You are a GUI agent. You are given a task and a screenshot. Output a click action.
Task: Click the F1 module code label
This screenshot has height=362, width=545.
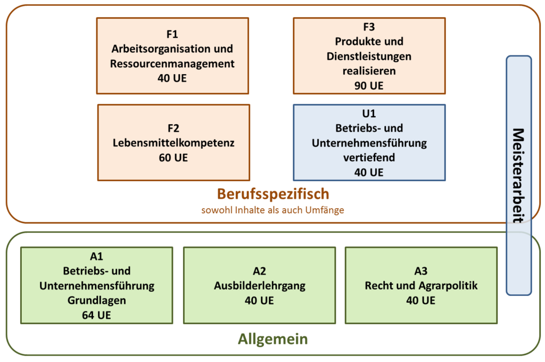pos(172,34)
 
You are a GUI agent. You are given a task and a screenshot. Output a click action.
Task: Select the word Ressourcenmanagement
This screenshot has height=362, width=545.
pos(172,63)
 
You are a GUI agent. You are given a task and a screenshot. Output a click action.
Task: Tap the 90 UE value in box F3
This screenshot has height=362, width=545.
pos(369,86)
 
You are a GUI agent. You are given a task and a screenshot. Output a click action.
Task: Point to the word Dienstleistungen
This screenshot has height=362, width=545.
pos(369,57)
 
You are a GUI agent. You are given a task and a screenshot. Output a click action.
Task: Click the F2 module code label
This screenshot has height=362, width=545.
pos(174,128)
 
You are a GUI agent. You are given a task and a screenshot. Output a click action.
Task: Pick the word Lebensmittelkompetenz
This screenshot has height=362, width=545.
pos(174,143)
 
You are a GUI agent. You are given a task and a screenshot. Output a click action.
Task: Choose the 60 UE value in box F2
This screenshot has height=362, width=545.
pos(174,158)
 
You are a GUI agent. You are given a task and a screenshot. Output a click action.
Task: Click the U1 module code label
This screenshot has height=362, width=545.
pos(369,114)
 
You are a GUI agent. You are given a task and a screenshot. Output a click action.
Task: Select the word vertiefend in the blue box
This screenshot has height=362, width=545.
pos(369,158)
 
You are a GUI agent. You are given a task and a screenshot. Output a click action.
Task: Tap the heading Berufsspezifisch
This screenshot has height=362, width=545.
pos(273,194)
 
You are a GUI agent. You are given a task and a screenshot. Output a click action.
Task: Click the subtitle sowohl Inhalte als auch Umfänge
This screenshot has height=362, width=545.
pos(273,210)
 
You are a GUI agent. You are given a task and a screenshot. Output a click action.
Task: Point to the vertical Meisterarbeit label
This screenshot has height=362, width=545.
pos(518,176)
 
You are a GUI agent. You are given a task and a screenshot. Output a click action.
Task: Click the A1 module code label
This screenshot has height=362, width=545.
pos(97,256)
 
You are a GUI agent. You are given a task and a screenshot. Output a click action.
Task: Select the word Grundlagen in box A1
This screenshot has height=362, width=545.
pos(97,300)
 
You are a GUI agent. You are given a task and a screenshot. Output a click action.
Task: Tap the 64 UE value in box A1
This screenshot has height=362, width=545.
pos(97,316)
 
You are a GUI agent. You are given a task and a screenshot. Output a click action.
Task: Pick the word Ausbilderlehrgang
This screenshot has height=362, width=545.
pos(260,286)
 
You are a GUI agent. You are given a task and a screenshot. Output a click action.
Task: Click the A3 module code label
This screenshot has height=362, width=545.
pos(421,271)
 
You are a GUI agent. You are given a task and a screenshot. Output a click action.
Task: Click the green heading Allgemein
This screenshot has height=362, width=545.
pos(273,339)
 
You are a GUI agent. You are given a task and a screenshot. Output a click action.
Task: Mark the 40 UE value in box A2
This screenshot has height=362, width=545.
pos(259,300)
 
